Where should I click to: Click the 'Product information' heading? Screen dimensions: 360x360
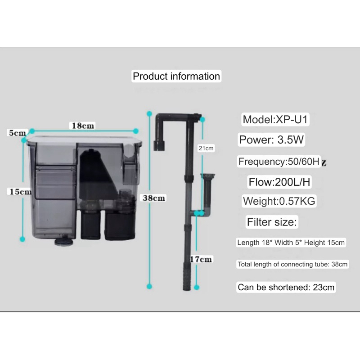pyautogui.click(x=176, y=76)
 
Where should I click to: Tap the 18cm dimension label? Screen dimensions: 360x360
pyautogui.click(x=83, y=126)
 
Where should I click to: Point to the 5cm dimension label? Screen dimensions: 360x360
pyautogui.click(x=17, y=133)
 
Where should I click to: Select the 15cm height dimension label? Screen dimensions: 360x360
pyautogui.click(x=20, y=192)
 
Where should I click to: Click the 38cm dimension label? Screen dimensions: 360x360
pyautogui.click(x=153, y=198)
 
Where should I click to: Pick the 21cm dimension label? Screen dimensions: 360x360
pyautogui.click(x=206, y=148)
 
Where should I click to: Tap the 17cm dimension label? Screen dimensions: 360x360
pyautogui.click(x=201, y=259)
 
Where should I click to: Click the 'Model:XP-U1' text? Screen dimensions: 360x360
pyautogui.click(x=275, y=119)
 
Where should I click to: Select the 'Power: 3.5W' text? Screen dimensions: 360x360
pyautogui.click(x=271, y=139)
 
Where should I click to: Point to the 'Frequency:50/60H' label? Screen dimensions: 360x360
pyautogui.click(x=279, y=162)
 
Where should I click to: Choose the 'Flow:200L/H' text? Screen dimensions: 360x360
pyautogui.click(x=279, y=182)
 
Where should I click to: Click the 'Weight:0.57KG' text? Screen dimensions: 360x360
pyautogui.click(x=279, y=201)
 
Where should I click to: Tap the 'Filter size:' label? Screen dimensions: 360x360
pyautogui.click(x=272, y=222)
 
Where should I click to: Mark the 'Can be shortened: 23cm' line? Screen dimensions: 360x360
pyautogui.click(x=286, y=287)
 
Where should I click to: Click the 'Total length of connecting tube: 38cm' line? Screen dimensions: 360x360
pyautogui.click(x=292, y=264)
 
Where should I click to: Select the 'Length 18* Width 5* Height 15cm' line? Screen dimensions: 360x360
pyautogui.click(x=291, y=243)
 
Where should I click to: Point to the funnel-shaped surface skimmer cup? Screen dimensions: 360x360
pyautogui.click(x=208, y=176)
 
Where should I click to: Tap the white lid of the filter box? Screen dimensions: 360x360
pyautogui.click(x=85, y=139)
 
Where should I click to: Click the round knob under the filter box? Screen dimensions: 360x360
pyautogui.click(x=64, y=241)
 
